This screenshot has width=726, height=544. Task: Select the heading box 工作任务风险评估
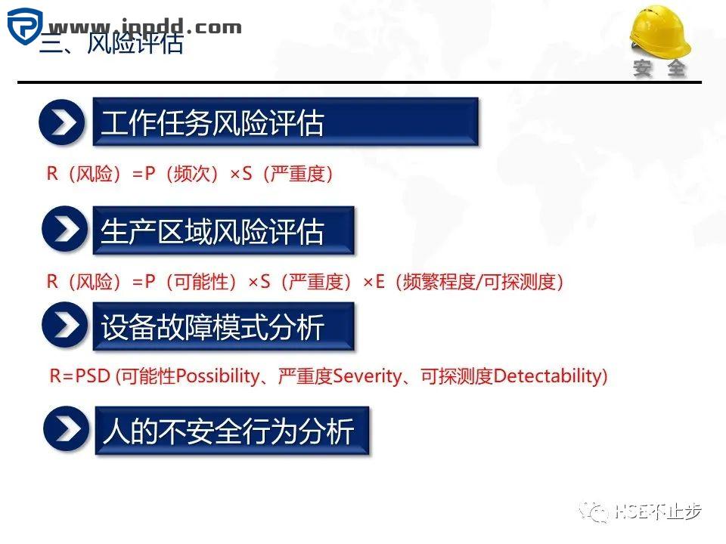pyautogui.click(x=285, y=122)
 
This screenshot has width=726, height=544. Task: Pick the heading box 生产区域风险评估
pyautogui.click(x=223, y=231)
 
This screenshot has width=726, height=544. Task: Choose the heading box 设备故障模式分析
pyautogui.click(x=223, y=327)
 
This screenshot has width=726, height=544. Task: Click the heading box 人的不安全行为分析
pyautogui.click(x=231, y=431)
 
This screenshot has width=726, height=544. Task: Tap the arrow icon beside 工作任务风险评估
pyautogui.click(x=63, y=122)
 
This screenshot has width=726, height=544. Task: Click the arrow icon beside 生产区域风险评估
pyautogui.click(x=64, y=230)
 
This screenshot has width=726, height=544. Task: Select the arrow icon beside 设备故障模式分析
pyautogui.click(x=64, y=326)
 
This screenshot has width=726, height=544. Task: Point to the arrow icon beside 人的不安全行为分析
pyautogui.click(x=67, y=430)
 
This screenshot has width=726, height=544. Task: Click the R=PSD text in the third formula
pyautogui.click(x=80, y=376)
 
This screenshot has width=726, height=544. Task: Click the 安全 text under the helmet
pyautogui.click(x=659, y=69)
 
